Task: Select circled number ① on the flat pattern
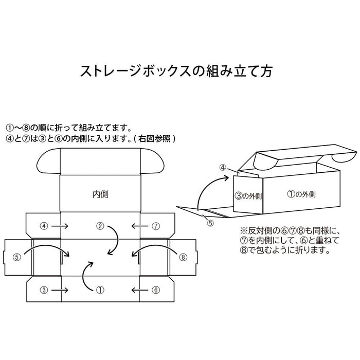[101, 290]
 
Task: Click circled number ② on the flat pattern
[101, 225]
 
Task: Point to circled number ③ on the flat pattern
[45, 290]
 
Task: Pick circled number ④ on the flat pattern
[45, 225]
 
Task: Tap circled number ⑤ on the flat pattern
[17, 257]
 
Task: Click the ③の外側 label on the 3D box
[248, 195]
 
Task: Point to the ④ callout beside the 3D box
[223, 167]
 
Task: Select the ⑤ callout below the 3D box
[210, 223]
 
